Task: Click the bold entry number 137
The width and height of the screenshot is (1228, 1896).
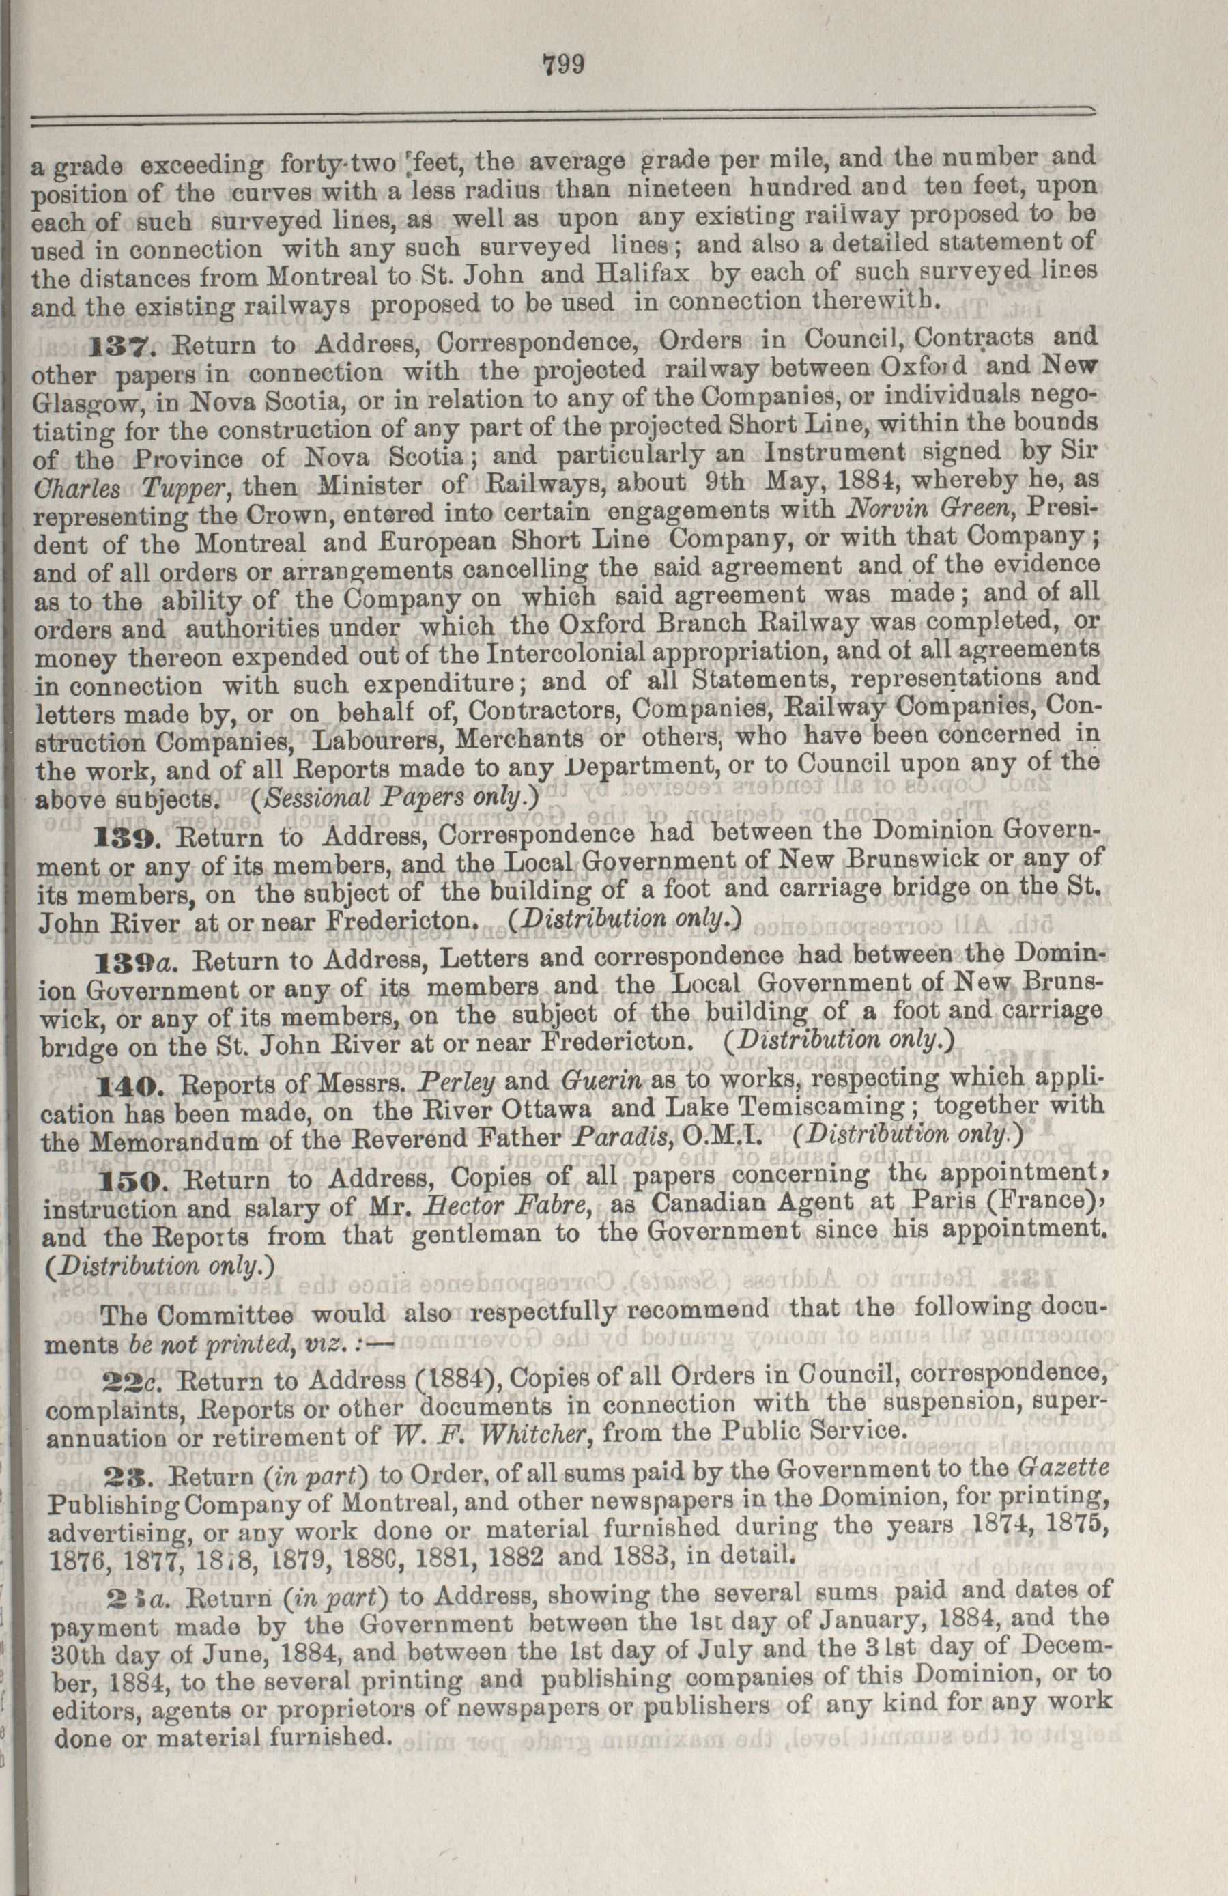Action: [119, 345]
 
